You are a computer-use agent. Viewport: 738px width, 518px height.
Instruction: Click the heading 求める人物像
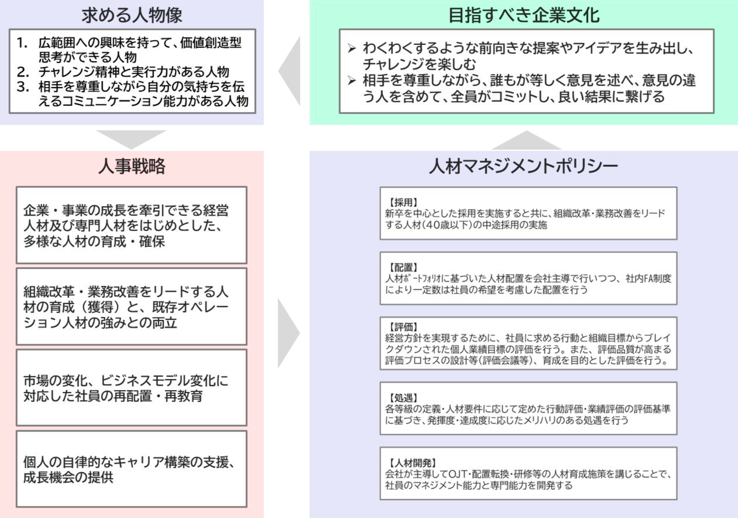tap(132, 15)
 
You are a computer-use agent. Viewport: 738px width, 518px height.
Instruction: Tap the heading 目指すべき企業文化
tap(524, 15)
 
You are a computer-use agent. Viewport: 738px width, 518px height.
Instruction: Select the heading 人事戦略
tap(132, 166)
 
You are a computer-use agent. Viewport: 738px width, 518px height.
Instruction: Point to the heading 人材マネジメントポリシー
tap(523, 166)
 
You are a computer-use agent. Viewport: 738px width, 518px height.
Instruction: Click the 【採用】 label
tap(403, 202)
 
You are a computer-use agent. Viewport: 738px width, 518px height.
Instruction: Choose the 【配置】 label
tap(403, 267)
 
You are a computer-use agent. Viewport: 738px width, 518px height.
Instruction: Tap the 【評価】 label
tap(403, 327)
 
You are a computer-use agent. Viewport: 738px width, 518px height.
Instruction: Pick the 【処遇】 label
tap(403, 398)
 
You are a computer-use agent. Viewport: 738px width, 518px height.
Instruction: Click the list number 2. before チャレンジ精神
tap(22, 72)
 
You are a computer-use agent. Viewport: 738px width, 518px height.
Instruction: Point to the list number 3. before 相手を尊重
tap(22, 87)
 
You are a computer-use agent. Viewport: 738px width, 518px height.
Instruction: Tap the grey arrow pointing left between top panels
tap(289, 71)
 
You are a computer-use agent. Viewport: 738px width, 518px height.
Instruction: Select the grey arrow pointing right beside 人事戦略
tap(289, 333)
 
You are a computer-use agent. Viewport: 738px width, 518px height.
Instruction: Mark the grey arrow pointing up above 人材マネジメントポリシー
tap(526, 140)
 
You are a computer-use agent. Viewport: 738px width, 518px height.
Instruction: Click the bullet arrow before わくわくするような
tap(352, 48)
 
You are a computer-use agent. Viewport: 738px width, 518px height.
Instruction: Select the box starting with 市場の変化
tap(132, 388)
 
